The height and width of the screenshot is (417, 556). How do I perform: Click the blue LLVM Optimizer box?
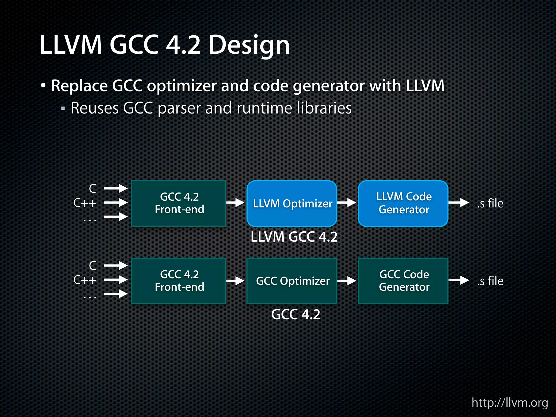[x=292, y=203]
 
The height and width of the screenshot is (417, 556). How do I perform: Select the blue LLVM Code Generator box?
[x=403, y=203]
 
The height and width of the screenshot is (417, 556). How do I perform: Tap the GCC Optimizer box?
[x=292, y=281]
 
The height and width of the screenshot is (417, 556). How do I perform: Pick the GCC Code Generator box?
[x=403, y=281]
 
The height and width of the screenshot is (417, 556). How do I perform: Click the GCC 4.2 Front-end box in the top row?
[x=179, y=203]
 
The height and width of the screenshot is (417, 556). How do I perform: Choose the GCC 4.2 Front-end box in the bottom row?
[x=179, y=281]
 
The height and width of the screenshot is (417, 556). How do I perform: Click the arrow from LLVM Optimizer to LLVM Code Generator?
[x=347, y=203]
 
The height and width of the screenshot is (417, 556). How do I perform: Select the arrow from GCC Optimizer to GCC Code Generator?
[x=347, y=280]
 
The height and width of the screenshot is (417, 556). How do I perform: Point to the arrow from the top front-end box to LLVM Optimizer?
[x=235, y=203]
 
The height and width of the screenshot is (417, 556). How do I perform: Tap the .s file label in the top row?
[x=490, y=203]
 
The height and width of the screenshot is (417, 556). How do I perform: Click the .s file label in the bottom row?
[x=490, y=281]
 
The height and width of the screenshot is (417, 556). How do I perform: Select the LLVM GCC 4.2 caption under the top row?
[x=294, y=237]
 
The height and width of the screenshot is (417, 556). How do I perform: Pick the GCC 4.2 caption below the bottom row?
[x=296, y=314]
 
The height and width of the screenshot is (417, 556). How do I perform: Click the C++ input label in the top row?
[x=85, y=203]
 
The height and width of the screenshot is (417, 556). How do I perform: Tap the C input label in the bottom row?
[x=93, y=266]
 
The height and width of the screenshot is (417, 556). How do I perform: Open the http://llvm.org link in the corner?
[x=510, y=403]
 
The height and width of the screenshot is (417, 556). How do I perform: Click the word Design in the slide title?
[x=249, y=45]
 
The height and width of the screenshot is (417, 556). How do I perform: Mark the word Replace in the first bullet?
[x=80, y=86]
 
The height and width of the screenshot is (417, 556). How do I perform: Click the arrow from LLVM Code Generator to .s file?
[x=459, y=203]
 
